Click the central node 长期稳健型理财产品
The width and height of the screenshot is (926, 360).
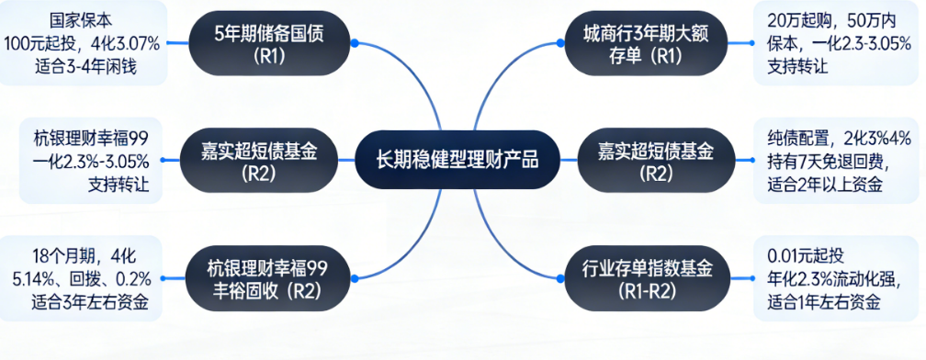pos(457,160)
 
